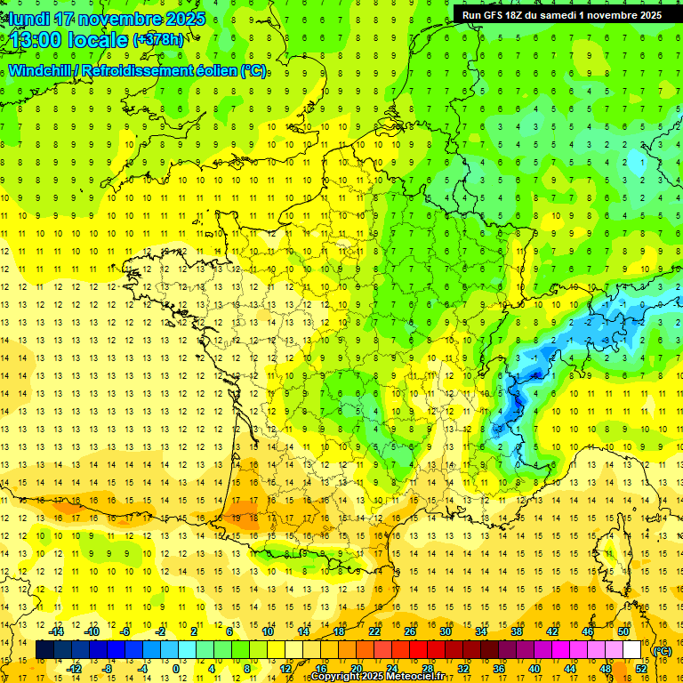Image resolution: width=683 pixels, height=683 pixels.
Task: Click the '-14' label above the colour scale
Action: click(x=58, y=631)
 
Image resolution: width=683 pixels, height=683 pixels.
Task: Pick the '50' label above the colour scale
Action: click(x=623, y=631)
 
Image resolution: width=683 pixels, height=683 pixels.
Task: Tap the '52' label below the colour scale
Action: click(x=640, y=668)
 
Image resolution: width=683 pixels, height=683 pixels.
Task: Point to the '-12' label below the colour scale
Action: click(x=75, y=668)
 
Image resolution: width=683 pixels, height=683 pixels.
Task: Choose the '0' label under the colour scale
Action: click(x=176, y=668)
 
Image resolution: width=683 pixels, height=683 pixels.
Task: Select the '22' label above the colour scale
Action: click(x=374, y=631)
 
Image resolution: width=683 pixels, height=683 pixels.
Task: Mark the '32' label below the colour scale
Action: click(x=463, y=668)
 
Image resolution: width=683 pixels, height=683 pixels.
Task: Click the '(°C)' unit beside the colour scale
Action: click(x=663, y=650)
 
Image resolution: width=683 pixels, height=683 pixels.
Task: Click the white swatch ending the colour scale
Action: click(x=631, y=650)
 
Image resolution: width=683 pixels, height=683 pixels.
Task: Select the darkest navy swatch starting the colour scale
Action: click(x=44, y=650)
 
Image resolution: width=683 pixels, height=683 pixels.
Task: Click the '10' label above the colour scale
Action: click(x=268, y=631)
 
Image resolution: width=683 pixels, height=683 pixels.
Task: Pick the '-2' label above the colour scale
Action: click(x=160, y=631)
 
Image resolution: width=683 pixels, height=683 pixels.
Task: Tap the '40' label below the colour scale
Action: click(x=534, y=668)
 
